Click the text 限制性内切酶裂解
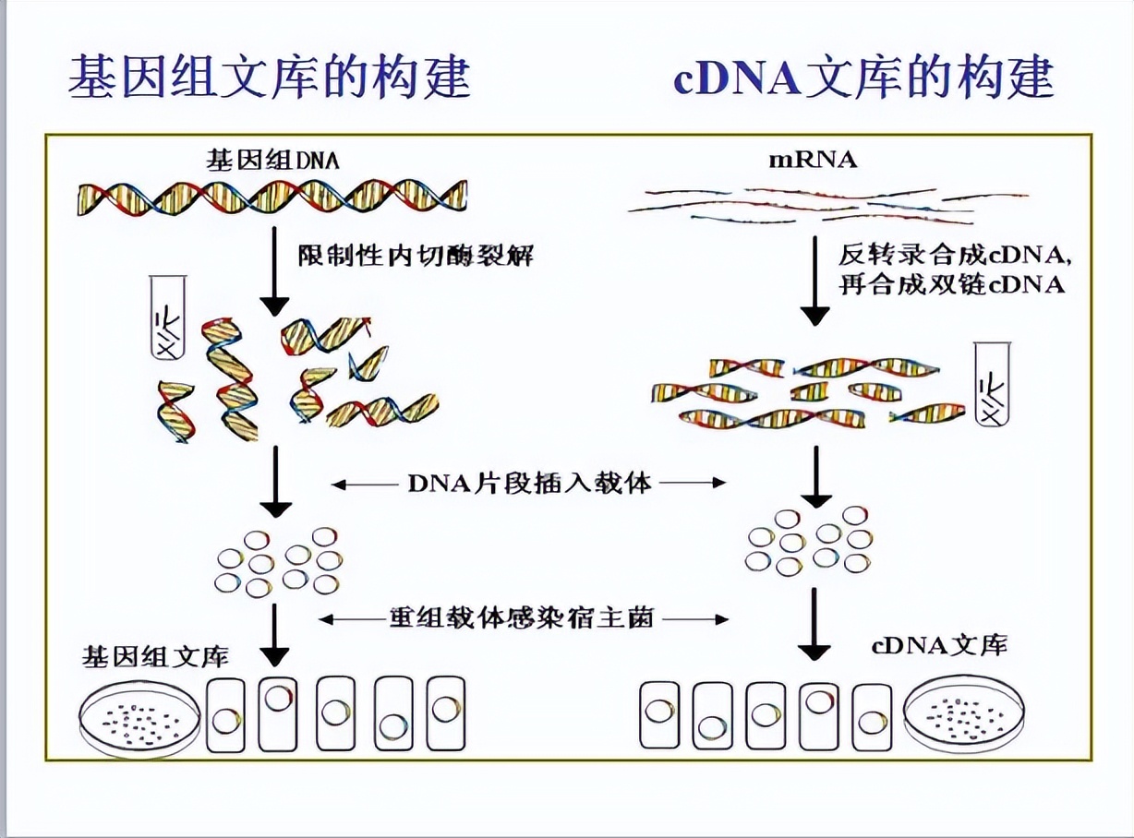pos(416,255)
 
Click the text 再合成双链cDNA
pos(951,284)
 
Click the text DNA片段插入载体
pos(529,482)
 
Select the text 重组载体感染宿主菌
pos(522,617)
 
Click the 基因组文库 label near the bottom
pos(155,656)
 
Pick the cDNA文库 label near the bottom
pos(937,645)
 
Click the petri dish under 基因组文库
pos(140,716)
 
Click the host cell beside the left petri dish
pos(225,716)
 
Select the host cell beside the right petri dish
pos(871,716)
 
